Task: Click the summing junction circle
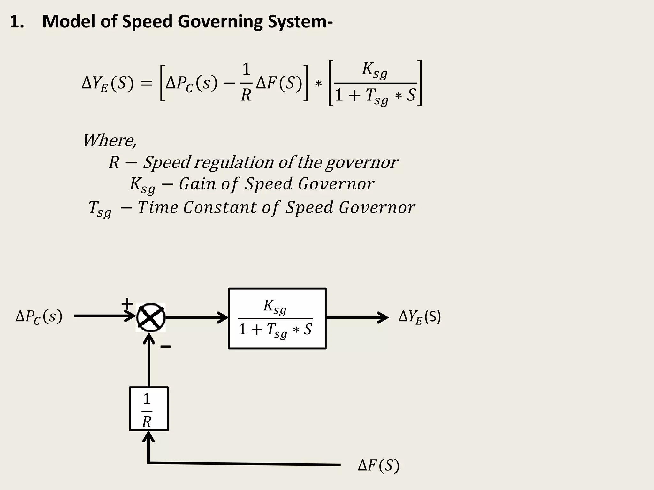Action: pos(151,318)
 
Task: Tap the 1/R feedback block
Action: pos(148,409)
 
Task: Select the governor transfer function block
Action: pos(277,319)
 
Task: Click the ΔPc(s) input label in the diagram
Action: pos(39,317)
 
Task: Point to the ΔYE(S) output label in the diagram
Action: pos(419,317)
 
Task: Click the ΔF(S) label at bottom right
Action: pos(378,466)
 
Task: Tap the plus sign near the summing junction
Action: pos(127,303)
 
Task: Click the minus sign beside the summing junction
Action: pos(165,347)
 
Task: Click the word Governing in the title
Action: pos(220,22)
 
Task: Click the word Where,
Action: pos(110,140)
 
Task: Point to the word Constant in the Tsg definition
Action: pos(220,207)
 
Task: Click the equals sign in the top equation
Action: pos(147,84)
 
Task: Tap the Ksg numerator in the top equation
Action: pos(374,70)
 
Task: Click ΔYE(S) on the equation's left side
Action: pos(107,84)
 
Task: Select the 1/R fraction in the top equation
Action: pos(246,82)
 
